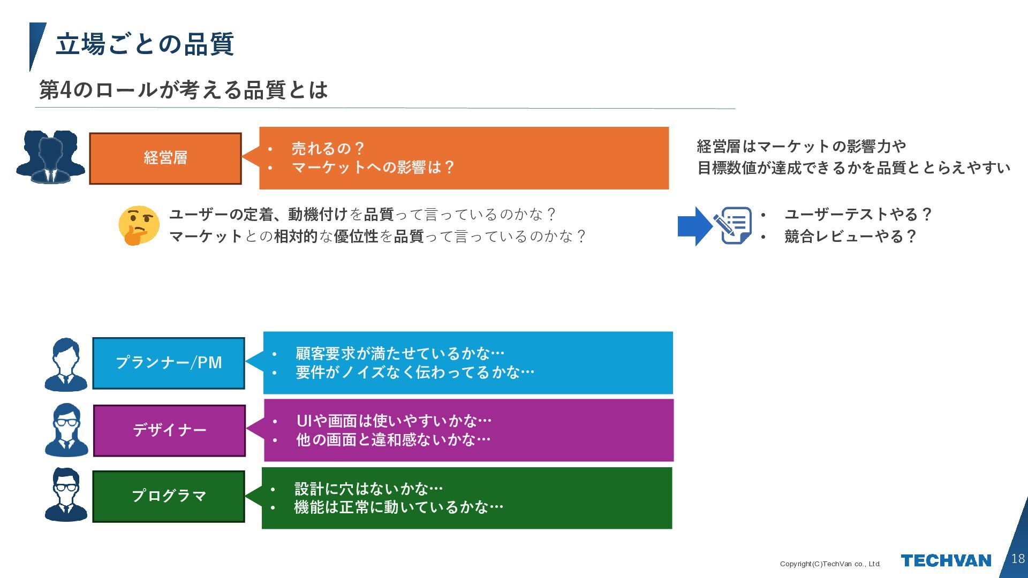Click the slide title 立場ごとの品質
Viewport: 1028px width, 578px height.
click(x=145, y=44)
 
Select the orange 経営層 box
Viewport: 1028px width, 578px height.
click(x=165, y=158)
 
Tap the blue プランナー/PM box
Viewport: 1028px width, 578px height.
click(x=169, y=363)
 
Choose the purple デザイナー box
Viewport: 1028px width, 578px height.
click(x=169, y=430)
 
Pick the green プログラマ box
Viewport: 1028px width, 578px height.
click(x=169, y=496)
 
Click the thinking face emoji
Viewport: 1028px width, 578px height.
click(x=139, y=225)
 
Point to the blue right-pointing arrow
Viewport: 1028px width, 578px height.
click(x=694, y=226)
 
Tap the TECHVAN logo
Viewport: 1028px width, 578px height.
click(x=946, y=560)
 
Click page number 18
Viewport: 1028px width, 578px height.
click(x=1017, y=559)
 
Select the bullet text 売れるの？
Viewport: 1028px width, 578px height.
click(x=328, y=148)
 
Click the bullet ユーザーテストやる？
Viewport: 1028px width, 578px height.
click(x=858, y=215)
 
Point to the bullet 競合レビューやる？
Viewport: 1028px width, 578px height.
click(x=850, y=236)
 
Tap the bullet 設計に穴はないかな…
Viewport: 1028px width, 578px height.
click(x=369, y=489)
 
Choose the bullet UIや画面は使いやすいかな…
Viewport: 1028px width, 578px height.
click(x=394, y=421)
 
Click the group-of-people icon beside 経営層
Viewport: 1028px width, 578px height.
click(x=51, y=157)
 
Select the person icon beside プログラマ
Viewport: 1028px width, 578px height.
click(x=66, y=495)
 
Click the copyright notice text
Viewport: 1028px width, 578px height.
click(x=830, y=564)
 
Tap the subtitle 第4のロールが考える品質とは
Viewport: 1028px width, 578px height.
click(x=183, y=90)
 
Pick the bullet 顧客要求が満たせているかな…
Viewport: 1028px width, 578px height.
click(x=400, y=353)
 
